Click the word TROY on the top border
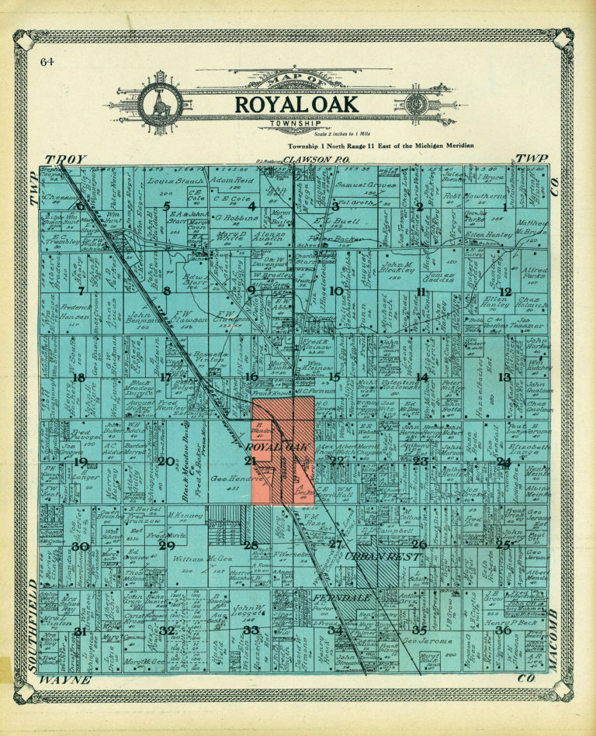tap(65, 159)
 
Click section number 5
tap(166, 206)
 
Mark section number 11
tap(421, 292)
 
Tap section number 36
tap(503, 630)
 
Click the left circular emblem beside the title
tap(161, 103)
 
